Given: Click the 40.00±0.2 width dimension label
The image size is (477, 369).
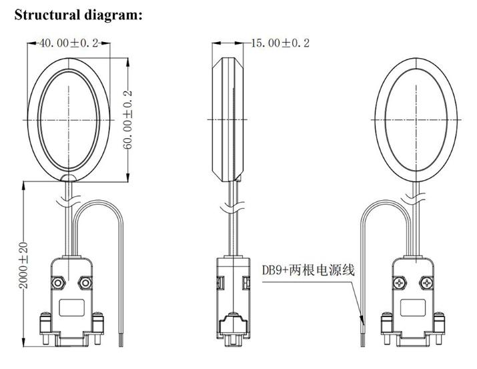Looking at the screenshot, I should (x=69, y=43).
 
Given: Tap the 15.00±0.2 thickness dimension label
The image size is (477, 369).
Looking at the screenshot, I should (x=280, y=43).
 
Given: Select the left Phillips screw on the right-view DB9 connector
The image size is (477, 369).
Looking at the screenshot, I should (x=398, y=283).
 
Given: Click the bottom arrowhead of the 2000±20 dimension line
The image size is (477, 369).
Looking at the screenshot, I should (x=23, y=346).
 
